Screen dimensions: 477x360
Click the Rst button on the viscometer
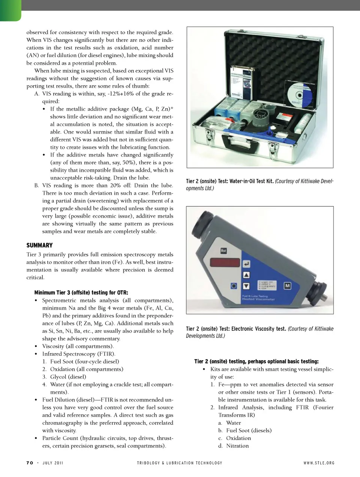(223, 250)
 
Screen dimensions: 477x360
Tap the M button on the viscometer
(287, 286)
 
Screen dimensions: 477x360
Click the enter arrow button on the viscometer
(246, 264)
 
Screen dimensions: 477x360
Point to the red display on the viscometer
(225, 262)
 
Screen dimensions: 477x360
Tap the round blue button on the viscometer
(234, 286)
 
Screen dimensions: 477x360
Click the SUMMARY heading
(39, 245)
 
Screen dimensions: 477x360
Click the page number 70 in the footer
(30, 463)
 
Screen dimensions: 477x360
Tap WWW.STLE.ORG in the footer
(319, 463)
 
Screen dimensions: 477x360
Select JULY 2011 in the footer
(53, 463)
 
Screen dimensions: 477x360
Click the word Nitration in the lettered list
(237, 445)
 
